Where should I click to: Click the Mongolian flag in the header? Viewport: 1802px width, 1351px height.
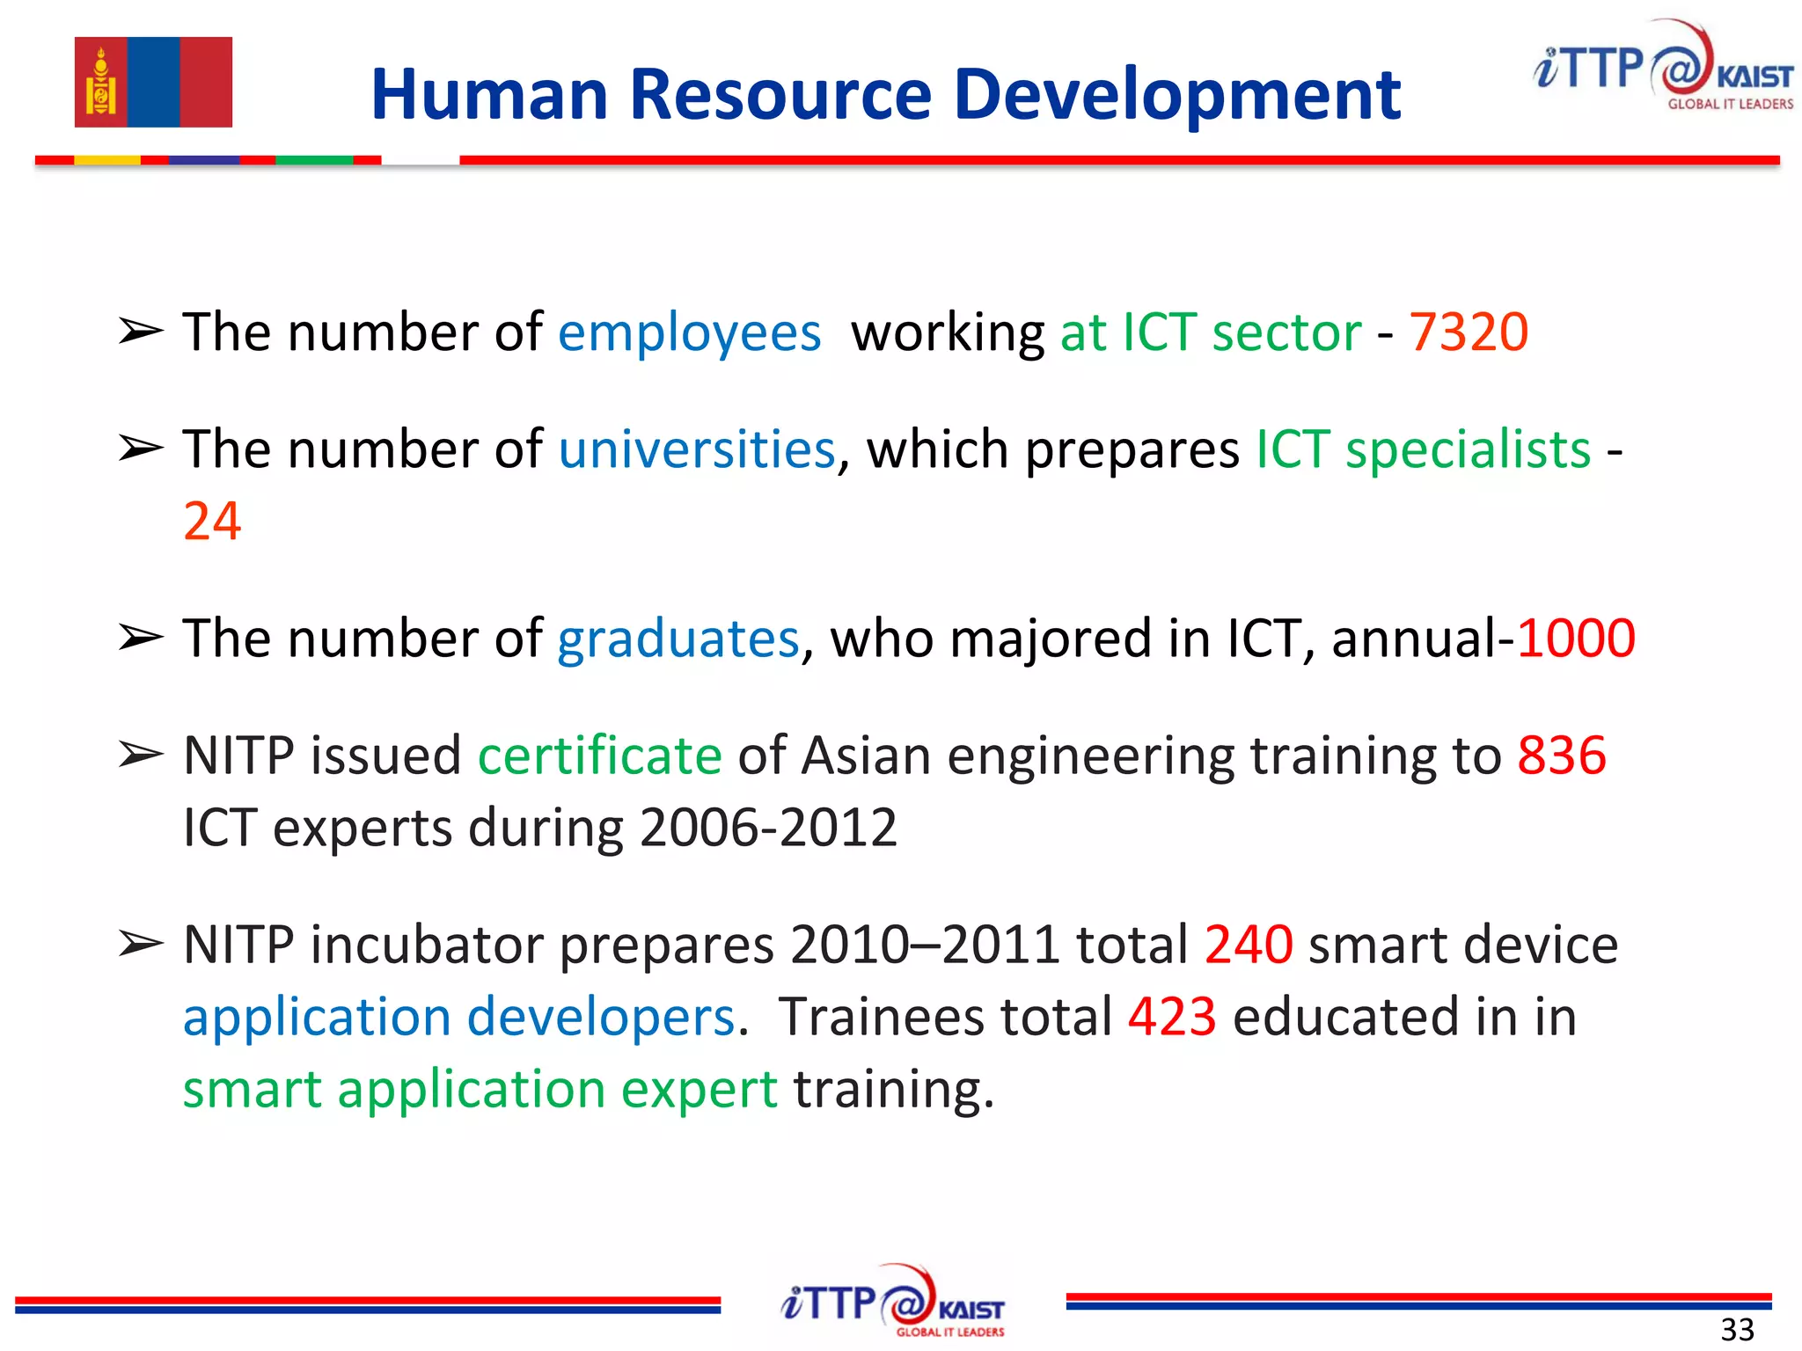point(153,82)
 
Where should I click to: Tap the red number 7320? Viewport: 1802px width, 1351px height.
point(1469,332)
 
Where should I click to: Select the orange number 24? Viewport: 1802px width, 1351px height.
point(212,521)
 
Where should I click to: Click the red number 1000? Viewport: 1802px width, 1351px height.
point(1576,638)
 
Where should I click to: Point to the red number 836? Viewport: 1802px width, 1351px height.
point(1562,756)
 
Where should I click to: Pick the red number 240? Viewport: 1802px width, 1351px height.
point(1249,945)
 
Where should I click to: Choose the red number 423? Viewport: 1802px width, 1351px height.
point(1172,1017)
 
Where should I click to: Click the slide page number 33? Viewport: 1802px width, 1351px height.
point(1737,1329)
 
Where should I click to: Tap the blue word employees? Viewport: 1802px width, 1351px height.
point(689,333)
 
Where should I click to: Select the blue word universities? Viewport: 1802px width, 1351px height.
point(696,449)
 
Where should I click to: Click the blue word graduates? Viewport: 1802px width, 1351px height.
point(678,639)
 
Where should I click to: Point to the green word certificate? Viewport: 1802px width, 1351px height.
point(599,756)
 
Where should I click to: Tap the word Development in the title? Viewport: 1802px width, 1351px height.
point(1177,96)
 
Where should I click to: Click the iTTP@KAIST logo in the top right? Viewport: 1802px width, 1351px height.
point(1662,69)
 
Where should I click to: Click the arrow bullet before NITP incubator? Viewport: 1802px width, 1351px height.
point(141,944)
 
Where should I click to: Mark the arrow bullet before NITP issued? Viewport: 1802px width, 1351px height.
point(141,755)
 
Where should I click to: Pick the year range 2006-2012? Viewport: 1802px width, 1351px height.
point(768,828)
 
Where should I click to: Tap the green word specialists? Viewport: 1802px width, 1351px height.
point(1468,449)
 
